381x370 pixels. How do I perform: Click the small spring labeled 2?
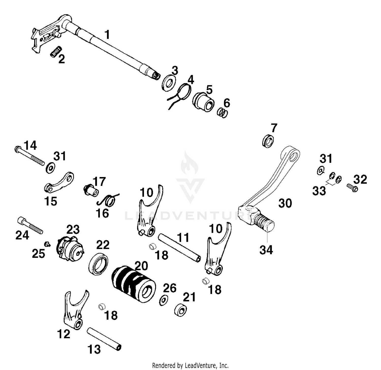(x=56, y=52)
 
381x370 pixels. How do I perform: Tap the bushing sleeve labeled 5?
(x=203, y=102)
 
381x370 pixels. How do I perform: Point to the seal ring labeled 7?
(x=268, y=141)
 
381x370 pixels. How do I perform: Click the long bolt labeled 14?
(x=29, y=156)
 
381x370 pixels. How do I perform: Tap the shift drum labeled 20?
(x=134, y=284)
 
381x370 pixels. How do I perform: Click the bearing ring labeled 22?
(x=99, y=265)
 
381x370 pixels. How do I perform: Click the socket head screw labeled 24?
(x=30, y=225)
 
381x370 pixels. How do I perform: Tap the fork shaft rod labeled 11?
(x=179, y=248)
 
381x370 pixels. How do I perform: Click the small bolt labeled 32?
(x=352, y=188)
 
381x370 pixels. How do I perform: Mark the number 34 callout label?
(x=266, y=250)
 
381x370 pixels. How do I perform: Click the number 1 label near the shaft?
(x=107, y=35)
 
